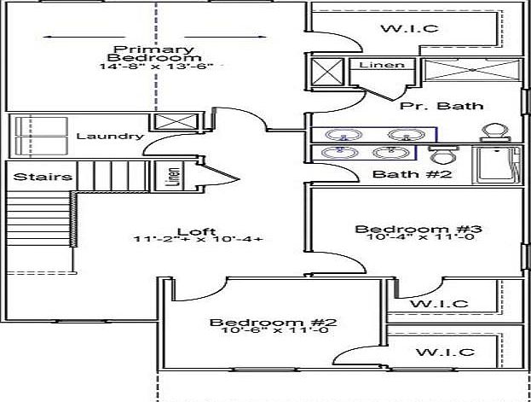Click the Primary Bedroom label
pos(154,53)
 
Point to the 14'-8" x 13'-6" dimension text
pos(157,67)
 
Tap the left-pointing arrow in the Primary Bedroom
pos(84,37)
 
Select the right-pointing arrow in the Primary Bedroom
pos(225,37)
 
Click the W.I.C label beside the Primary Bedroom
pos(410,28)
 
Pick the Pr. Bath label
pos(442,106)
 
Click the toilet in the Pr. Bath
pos(495,132)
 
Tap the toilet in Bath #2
pos(443,154)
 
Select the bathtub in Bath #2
pos(497,166)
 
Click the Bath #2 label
pos(413,174)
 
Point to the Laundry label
pos(110,136)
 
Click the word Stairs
pos(43,177)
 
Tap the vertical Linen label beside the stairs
pos(172,176)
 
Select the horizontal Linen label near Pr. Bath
pos(382,65)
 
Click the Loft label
pos(196,231)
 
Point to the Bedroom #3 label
pos(418,229)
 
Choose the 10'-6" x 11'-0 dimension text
pos(274,329)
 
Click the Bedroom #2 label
pos(273,322)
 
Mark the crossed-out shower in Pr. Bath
pos(472,70)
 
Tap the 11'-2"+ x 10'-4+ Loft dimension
pos(199,239)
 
